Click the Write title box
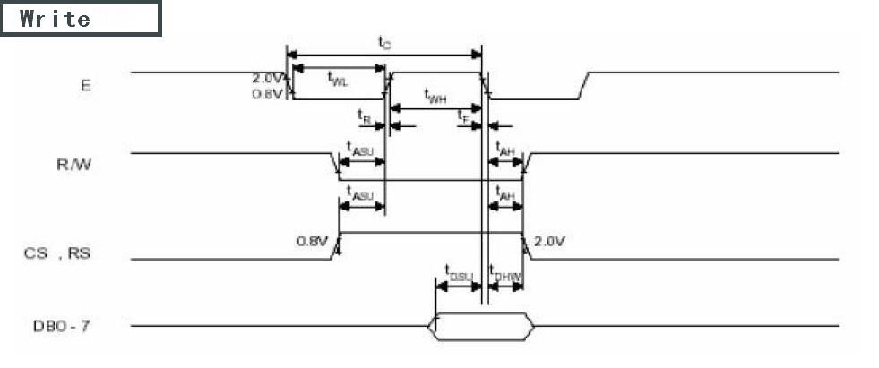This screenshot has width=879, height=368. pos(81,19)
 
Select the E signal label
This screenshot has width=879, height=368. pos(85,86)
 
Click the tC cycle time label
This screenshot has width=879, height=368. pos(383,42)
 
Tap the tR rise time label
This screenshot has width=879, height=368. pos(364,116)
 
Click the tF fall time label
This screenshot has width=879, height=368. pos(463,116)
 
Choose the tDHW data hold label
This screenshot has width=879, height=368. pos(505,274)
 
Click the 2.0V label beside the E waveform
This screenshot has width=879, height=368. pos(268,78)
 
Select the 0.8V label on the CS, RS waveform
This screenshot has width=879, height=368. pos(313,241)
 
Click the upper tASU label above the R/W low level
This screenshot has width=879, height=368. pos(360,150)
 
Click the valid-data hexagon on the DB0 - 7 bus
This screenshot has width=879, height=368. pos(482,326)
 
